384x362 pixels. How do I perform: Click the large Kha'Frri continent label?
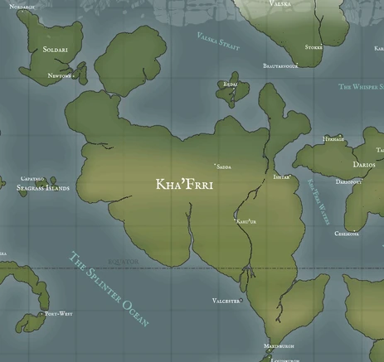point(184,185)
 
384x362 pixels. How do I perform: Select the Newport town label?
point(60,75)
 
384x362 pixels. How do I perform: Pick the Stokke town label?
point(314,47)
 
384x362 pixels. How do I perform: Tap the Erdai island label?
point(230,84)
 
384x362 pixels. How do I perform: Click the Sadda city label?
point(224,166)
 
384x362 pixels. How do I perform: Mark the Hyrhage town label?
point(333,139)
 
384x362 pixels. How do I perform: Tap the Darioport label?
point(349,181)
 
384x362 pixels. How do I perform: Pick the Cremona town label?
point(347,234)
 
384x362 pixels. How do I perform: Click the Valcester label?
point(226,301)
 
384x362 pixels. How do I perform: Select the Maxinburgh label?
point(279,345)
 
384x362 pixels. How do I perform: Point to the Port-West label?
point(56,314)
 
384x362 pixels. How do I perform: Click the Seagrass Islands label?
point(44,188)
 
